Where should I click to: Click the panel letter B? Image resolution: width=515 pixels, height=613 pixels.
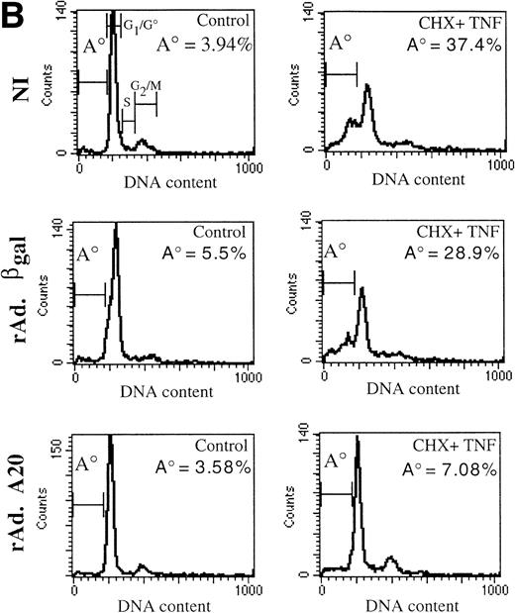click(16, 14)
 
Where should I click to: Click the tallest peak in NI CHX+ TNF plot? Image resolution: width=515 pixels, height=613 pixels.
click(367, 86)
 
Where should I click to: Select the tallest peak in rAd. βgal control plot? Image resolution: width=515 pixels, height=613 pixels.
click(116, 227)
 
